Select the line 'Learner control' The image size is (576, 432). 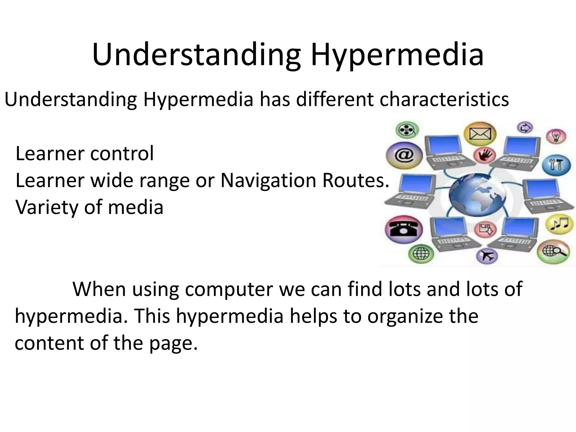85,154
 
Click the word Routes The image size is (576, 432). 355,180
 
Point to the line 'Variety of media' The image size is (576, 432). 89,207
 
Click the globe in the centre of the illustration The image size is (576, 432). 477,195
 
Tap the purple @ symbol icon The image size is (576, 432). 404,156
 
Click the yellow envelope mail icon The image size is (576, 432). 480,134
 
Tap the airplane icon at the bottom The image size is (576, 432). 487,256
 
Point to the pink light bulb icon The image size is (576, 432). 556,136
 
